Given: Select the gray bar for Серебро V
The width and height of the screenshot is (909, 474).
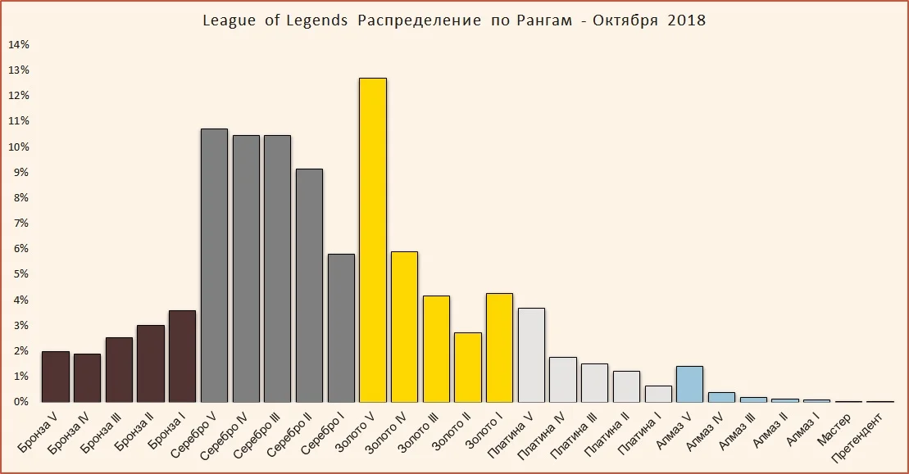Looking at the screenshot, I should pyautogui.click(x=214, y=265).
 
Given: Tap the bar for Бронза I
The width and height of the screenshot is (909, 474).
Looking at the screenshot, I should pyautogui.click(x=183, y=356).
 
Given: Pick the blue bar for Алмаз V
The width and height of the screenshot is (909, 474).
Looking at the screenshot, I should pyautogui.click(x=690, y=384).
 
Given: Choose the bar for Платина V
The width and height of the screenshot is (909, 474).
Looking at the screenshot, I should pyautogui.click(x=531, y=355).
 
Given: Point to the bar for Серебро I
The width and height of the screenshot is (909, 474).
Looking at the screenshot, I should pyautogui.click(x=341, y=327).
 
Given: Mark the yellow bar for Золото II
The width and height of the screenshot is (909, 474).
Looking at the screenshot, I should pyautogui.click(x=468, y=368).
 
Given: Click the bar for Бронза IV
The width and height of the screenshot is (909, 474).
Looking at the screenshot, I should pyautogui.click(x=87, y=377).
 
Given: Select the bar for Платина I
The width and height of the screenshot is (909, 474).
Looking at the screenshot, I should pyautogui.click(x=658, y=394).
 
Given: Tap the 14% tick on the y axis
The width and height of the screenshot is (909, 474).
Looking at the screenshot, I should pyautogui.click(x=19, y=44).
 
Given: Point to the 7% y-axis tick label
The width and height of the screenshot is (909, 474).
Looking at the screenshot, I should pyautogui.click(x=19, y=223).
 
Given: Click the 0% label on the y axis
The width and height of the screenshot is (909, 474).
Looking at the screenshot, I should pyautogui.click(x=19, y=402).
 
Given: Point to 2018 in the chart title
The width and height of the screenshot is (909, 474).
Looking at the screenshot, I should pyautogui.click(x=687, y=20).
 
